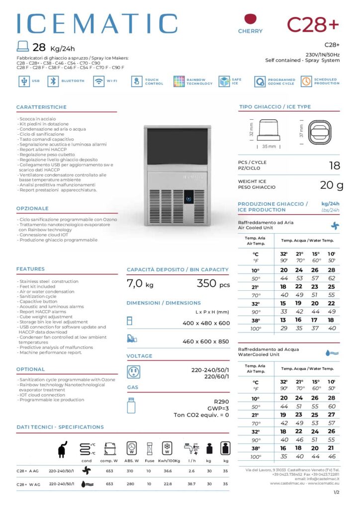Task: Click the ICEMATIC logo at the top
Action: (97, 24)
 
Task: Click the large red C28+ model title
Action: (313, 23)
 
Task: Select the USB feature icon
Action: (23, 81)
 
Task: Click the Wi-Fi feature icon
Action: (98, 81)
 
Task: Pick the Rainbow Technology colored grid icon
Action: (179, 82)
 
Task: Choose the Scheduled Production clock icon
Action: (306, 82)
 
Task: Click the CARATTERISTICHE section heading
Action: (41, 107)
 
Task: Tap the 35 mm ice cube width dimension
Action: (269, 147)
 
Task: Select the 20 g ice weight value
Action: (332, 185)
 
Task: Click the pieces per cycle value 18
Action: (335, 165)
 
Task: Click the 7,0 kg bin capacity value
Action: (140, 284)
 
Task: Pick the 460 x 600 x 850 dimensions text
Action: (206, 341)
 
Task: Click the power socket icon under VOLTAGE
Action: (133, 372)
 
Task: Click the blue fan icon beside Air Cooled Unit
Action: (335, 225)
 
